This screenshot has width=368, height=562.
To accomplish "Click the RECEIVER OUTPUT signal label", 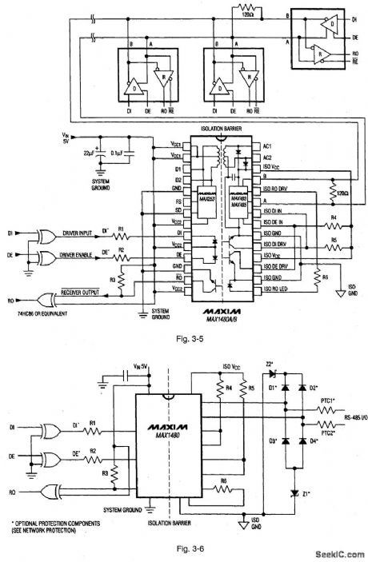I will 85,293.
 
